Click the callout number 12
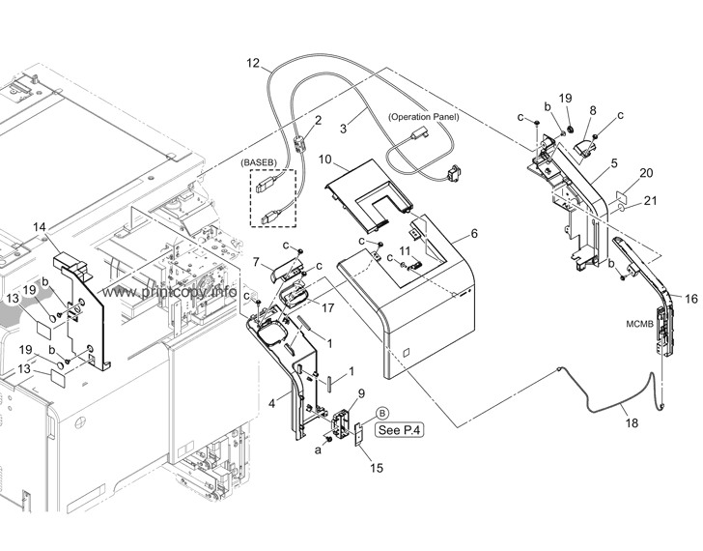pyautogui.click(x=253, y=64)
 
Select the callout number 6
pyautogui.click(x=474, y=233)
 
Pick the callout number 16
pyautogui.click(x=690, y=300)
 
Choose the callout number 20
pyautogui.click(x=646, y=173)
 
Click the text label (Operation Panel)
pyautogui.click(x=423, y=117)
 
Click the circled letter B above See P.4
pyautogui.click(x=381, y=412)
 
